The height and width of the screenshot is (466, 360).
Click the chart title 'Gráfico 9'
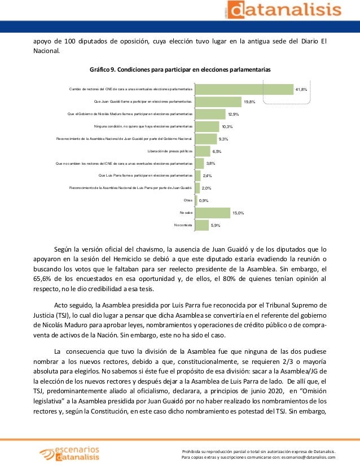pyautogui.click(x=180, y=69)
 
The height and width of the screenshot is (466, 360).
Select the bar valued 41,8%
pyautogui.click(x=244, y=89)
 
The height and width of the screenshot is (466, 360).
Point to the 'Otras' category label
pyautogui.click(x=188, y=200)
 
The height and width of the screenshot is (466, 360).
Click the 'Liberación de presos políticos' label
pyautogui.click(x=170, y=151)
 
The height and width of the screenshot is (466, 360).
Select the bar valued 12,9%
pyautogui.click(x=210, y=114)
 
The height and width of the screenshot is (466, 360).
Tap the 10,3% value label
pyautogui.click(x=227, y=126)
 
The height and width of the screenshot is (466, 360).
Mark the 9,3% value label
pyautogui.click(x=223, y=139)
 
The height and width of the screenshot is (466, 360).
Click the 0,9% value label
pyautogui.click(x=204, y=200)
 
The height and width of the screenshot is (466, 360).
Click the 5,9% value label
pyautogui.click(x=216, y=225)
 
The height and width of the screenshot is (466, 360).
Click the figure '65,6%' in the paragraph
pyautogui.click(x=42, y=279)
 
